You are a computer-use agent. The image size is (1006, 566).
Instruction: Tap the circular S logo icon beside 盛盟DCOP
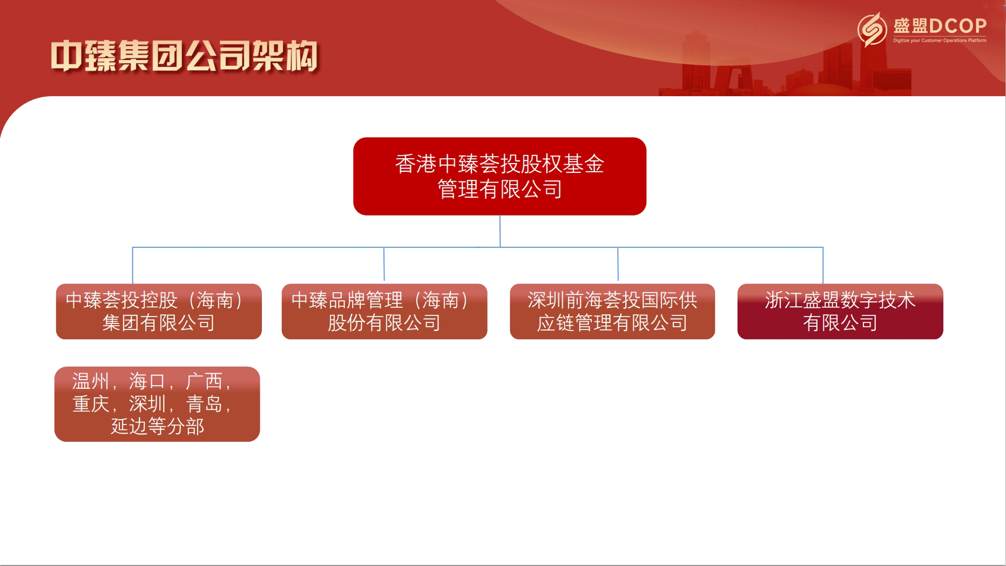pyautogui.click(x=872, y=29)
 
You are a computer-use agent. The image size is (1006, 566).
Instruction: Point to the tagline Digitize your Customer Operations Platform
pyautogui.click(x=940, y=41)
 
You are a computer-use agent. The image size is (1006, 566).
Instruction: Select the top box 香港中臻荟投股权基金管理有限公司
pyautogui.click(x=499, y=176)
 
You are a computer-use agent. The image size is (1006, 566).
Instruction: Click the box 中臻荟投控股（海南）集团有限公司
pyautogui.click(x=159, y=312)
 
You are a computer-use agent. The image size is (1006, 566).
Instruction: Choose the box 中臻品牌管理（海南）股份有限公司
pyautogui.click(x=384, y=312)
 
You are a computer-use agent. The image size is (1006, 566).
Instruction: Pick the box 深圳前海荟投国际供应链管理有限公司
pyautogui.click(x=612, y=312)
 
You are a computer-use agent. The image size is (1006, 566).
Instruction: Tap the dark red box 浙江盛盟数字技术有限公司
pyautogui.click(x=840, y=312)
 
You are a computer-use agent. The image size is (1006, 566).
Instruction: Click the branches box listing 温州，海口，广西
pyautogui.click(x=157, y=404)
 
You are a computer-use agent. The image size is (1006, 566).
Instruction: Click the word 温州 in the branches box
pyautogui.click(x=90, y=381)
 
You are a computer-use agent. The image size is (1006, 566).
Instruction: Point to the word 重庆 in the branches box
pyautogui.click(x=90, y=404)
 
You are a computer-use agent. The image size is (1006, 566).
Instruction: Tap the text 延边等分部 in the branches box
pyautogui.click(x=157, y=427)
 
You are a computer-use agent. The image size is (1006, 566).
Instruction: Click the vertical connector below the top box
pyautogui.click(x=500, y=231)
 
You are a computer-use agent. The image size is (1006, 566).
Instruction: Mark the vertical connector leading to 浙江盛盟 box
pyautogui.click(x=823, y=265)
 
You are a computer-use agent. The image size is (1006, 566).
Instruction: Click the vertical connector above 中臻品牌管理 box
pyautogui.click(x=384, y=264)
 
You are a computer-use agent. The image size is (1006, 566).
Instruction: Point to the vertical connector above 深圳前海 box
pyautogui.click(x=618, y=264)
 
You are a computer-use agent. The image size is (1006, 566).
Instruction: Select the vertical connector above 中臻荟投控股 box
pyautogui.click(x=133, y=265)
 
